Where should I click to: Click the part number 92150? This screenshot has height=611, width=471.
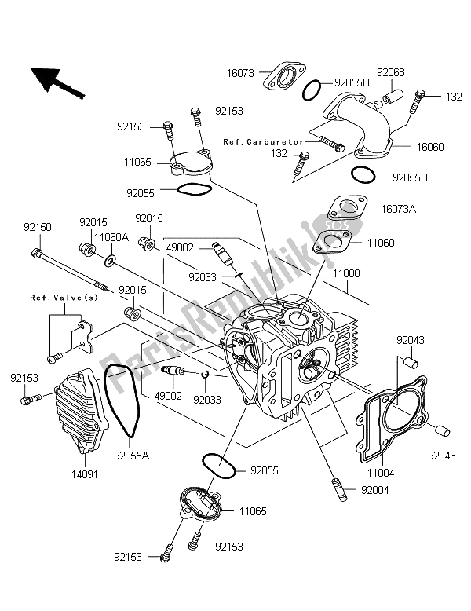tap(38, 227)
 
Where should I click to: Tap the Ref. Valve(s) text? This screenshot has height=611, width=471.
tap(53, 298)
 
